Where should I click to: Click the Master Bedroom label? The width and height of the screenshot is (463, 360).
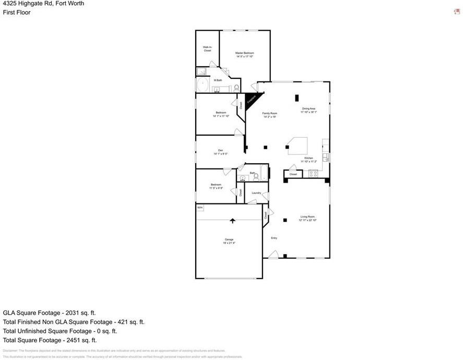point(244,53)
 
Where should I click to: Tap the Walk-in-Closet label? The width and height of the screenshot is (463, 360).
point(207,49)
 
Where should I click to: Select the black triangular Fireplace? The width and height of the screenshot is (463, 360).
point(252,98)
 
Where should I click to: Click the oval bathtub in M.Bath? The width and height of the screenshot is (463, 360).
point(202,85)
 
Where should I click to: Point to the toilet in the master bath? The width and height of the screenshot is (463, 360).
point(236,88)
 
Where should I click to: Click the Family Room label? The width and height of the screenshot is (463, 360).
point(270,113)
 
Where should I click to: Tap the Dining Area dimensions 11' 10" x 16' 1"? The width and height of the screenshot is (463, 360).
point(308,112)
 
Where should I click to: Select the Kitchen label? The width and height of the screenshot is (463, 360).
point(309,158)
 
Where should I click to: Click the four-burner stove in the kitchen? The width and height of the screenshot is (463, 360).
point(314,174)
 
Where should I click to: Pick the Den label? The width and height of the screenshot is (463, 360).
point(220,150)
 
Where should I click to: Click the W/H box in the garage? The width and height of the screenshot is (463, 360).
point(200,208)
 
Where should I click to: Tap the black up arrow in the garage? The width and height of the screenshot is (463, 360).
point(233,221)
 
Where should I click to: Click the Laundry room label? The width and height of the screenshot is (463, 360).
point(256,193)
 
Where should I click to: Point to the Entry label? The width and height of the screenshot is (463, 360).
point(274,238)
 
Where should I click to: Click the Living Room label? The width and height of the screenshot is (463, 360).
point(307,217)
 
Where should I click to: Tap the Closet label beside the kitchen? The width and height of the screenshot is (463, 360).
point(293,174)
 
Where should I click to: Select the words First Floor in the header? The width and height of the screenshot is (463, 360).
point(17,13)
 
